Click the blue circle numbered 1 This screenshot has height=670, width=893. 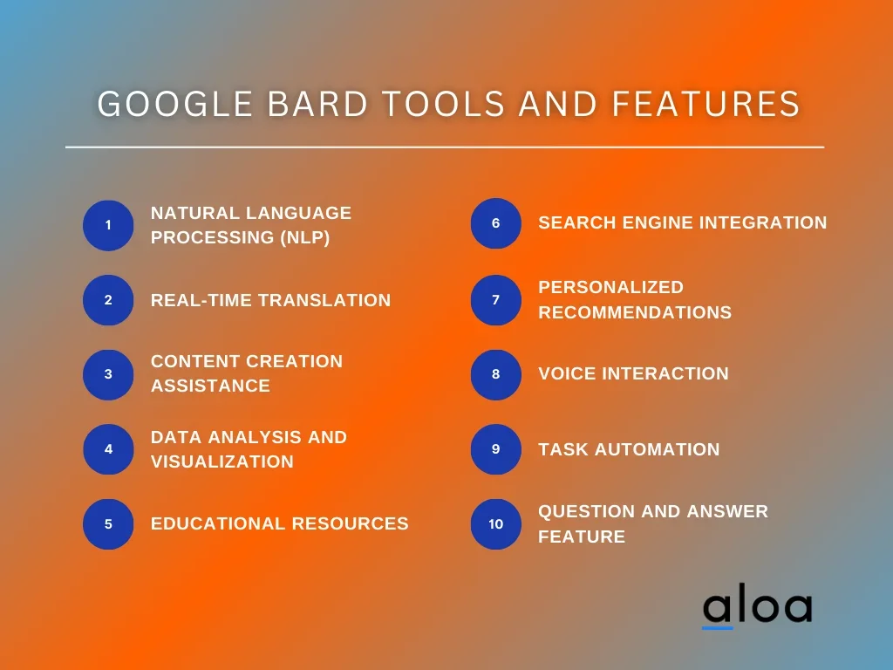108,225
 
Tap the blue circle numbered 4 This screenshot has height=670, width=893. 108,449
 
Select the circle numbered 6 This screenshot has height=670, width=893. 496,222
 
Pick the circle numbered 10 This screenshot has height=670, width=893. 496,524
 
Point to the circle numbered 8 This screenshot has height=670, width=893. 496,374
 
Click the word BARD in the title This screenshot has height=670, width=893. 317,104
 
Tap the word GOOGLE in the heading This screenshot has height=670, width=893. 174,104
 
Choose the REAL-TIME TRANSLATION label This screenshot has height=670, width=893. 270,300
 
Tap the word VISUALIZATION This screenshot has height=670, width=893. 222,461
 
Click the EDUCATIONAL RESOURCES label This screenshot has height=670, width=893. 280,523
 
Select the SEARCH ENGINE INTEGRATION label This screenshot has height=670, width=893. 682,222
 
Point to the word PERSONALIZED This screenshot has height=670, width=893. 611,287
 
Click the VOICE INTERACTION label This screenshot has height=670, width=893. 633,373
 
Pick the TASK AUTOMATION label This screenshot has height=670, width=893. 630,449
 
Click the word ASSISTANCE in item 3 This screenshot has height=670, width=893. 211,386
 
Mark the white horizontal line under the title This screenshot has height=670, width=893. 445,147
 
